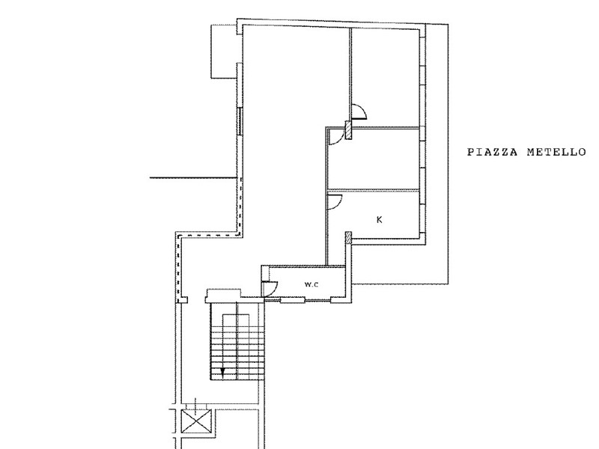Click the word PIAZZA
(x=493, y=153)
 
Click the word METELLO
(x=556, y=153)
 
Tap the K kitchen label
(x=380, y=219)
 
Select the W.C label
(x=311, y=284)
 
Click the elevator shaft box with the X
(x=196, y=421)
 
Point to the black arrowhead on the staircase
(x=222, y=370)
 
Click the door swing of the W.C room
(x=270, y=288)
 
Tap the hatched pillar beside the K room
(x=348, y=237)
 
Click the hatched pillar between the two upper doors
(x=348, y=129)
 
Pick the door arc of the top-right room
(x=359, y=112)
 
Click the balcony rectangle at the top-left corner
(x=224, y=51)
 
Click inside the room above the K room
(x=374, y=159)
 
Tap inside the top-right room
(x=385, y=76)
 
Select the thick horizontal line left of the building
(x=193, y=178)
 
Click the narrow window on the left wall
(x=240, y=120)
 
